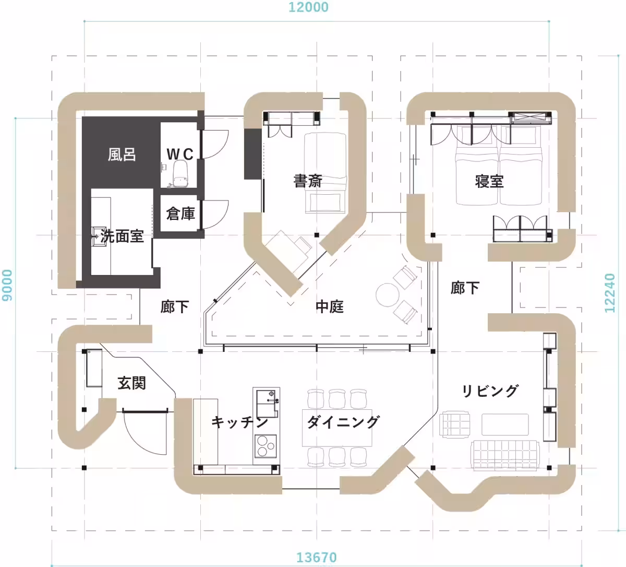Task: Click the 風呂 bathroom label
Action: (x=122, y=155)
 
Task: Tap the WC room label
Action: (x=180, y=154)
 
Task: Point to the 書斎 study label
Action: (x=308, y=181)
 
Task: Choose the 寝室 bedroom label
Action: (x=489, y=181)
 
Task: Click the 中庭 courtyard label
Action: (x=330, y=306)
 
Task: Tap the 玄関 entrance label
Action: (x=131, y=383)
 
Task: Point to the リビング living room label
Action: (x=490, y=391)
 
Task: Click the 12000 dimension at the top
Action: (x=308, y=7)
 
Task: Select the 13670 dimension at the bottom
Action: (x=317, y=557)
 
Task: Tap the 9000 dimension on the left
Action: (x=7, y=285)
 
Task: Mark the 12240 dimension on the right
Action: (x=610, y=293)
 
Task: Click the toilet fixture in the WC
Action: (x=179, y=173)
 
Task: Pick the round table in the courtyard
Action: (x=387, y=295)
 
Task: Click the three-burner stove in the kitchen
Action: (x=266, y=446)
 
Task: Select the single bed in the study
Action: (x=325, y=172)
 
